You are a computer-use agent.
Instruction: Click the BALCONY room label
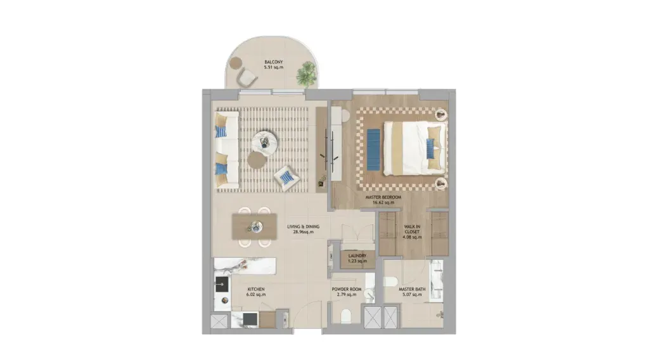pyautogui.click(x=274, y=62)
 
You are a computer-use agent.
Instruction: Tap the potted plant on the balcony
pyautogui.click(x=307, y=73)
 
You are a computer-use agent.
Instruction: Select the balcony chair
pyautogui.click(x=247, y=77)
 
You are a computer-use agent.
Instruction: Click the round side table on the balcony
pyautogui.click(x=236, y=63)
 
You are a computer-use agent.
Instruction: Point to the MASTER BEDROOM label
pyautogui.click(x=383, y=197)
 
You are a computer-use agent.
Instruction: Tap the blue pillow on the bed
pyautogui.click(x=431, y=148)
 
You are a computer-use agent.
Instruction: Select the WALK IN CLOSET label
pyautogui.click(x=412, y=229)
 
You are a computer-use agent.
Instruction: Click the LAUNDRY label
pyautogui.click(x=357, y=255)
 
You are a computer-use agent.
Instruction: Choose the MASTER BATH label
pyautogui.click(x=412, y=289)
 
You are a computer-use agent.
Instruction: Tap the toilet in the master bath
pyautogui.click(x=390, y=282)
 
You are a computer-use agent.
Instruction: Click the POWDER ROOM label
pyautogui.click(x=347, y=289)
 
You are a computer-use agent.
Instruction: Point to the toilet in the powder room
pyautogui.click(x=345, y=316)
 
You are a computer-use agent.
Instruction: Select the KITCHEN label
pyautogui.click(x=256, y=289)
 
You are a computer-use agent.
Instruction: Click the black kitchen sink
pyautogui.click(x=221, y=285)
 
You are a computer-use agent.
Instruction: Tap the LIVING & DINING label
pyautogui.click(x=304, y=227)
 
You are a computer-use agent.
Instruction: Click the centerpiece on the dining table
pyautogui.click(x=255, y=226)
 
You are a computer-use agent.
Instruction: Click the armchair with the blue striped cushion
pyautogui.click(x=287, y=177)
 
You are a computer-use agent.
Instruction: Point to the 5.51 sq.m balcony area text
pyautogui.click(x=274, y=67)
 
